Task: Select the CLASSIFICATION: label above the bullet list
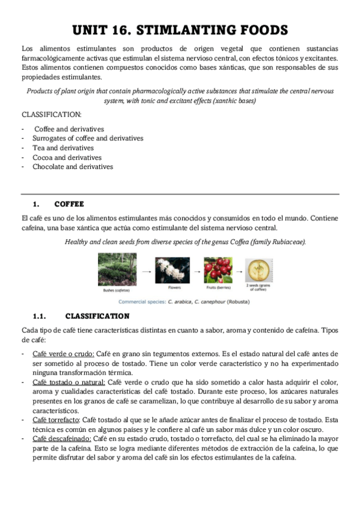click(x=52, y=114)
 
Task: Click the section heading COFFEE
click(x=69, y=204)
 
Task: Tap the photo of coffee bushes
click(x=117, y=269)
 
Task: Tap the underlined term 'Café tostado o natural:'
click(x=69, y=382)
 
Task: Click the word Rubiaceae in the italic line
click(x=287, y=242)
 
